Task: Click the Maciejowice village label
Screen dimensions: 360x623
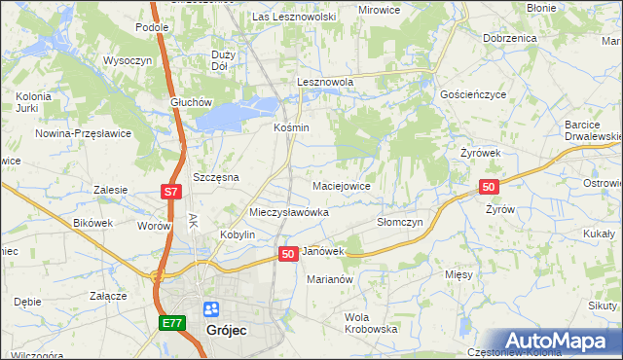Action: (340, 185)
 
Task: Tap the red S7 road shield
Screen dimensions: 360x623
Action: (170, 193)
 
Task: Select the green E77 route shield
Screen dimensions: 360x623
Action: (171, 322)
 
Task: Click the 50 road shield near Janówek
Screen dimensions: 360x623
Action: (287, 253)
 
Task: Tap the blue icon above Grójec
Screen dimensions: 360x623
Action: (210, 309)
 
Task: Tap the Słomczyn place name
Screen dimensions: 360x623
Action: (399, 222)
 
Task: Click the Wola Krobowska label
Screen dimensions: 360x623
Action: (371, 323)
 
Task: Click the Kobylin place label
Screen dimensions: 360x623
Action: (237, 234)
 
